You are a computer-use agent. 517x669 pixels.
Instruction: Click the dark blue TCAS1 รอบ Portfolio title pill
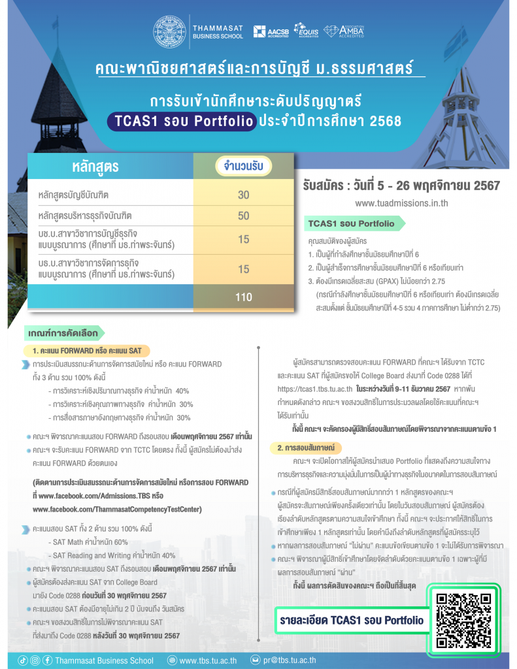click(181, 122)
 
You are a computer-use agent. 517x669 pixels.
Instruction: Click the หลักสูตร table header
click(95, 167)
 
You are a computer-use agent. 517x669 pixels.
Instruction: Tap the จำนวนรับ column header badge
click(243, 167)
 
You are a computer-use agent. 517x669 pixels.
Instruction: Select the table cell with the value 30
click(243, 195)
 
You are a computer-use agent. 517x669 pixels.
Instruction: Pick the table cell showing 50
click(243, 216)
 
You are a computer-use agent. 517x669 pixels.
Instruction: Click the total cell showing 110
click(243, 297)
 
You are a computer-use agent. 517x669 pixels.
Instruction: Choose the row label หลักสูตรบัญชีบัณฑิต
click(82, 195)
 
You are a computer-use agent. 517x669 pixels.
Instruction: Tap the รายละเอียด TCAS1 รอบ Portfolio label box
click(351, 620)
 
